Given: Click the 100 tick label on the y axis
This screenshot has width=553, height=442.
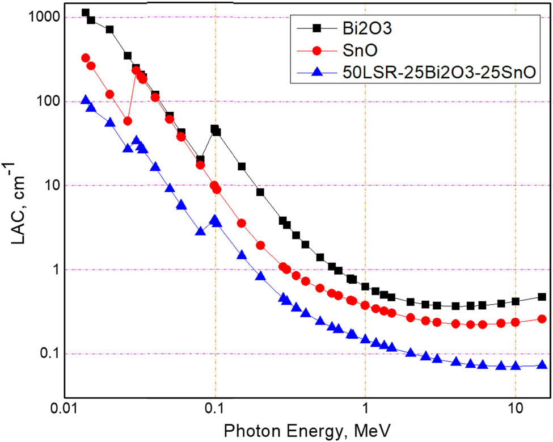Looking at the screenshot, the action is [x=47, y=102].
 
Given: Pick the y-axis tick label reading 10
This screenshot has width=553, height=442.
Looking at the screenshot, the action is [x=51, y=186].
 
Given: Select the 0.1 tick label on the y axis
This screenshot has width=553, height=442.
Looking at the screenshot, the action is [x=49, y=354].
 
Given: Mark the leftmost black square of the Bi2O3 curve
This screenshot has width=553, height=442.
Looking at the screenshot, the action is [x=86, y=12].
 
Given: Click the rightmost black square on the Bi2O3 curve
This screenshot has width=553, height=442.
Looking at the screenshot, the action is [x=542, y=297].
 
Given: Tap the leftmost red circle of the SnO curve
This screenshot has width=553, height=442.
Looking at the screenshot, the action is [x=86, y=58].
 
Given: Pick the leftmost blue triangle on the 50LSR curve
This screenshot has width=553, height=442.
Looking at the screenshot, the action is [x=86, y=100].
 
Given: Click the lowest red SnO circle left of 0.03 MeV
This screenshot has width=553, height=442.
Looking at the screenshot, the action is [x=128, y=121].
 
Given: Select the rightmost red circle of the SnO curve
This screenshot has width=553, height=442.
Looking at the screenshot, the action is [x=542, y=319].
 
